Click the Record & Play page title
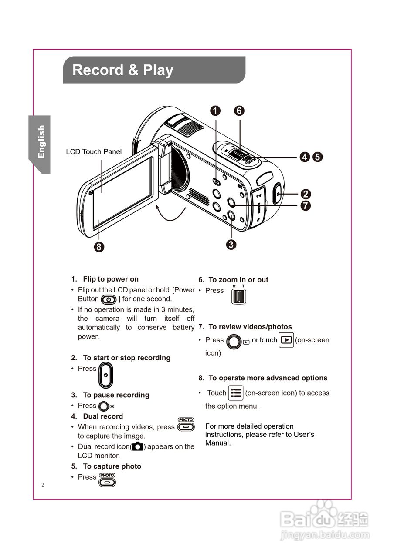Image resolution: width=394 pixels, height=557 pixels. (123, 70)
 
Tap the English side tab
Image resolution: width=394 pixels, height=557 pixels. (41, 142)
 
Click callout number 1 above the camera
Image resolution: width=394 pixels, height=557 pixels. (215, 111)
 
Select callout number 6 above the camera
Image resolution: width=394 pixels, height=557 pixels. (239, 111)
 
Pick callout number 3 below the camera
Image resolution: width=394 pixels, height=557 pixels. (231, 245)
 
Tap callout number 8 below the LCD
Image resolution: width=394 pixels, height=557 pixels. (99, 247)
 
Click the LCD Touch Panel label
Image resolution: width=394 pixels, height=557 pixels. (94, 152)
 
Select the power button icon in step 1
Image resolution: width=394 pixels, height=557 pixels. (109, 299)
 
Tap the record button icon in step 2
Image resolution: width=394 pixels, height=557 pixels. (105, 375)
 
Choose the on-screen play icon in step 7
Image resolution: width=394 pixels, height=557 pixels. (286, 340)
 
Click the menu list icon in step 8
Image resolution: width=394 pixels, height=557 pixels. (236, 393)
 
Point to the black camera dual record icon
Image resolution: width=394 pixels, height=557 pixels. (138, 446)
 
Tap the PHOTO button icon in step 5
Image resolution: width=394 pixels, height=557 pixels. (107, 480)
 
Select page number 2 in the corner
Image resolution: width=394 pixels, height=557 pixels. (43, 485)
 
